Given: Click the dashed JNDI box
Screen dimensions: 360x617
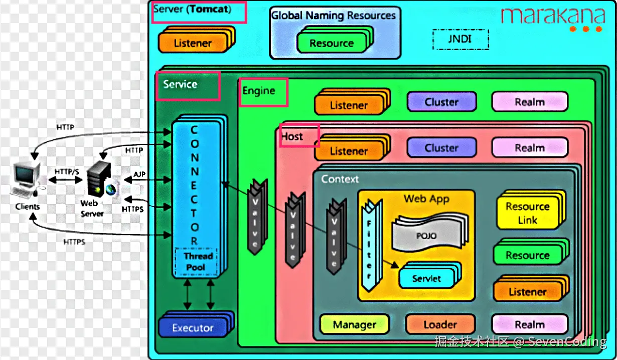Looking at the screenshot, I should point(460,39).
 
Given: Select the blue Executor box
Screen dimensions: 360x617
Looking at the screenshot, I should point(193,328).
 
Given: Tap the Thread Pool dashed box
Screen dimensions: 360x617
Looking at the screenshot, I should point(196,262).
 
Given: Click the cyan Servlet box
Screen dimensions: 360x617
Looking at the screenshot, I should point(426,278).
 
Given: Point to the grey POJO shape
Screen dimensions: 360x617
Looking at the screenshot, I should point(426,235).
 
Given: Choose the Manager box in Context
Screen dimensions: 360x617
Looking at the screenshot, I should point(354,325).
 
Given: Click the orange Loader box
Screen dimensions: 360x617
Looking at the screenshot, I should point(440,325).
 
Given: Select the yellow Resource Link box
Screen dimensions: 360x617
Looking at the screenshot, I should point(528,213).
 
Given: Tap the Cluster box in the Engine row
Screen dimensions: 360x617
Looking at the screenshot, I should point(441,102).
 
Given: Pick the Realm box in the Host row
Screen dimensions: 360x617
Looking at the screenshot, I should point(529,148).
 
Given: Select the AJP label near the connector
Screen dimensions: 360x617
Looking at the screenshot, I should point(139,174).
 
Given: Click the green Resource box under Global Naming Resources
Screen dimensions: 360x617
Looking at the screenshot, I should point(332,43).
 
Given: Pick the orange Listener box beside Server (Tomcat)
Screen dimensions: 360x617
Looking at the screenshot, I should point(193,43).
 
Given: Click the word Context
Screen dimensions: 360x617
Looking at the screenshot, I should point(340,179).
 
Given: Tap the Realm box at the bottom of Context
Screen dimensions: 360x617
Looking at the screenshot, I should point(529,325).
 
